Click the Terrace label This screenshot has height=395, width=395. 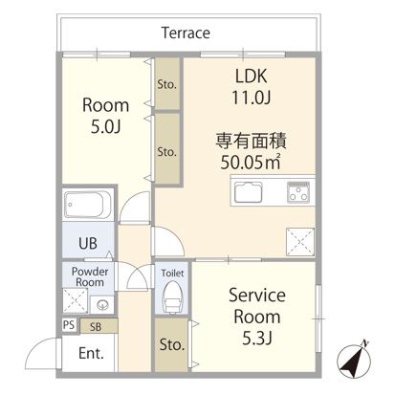[186, 33]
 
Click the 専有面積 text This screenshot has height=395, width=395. [251, 140]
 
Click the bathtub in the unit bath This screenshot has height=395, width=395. [89, 206]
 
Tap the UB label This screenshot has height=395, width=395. [87, 243]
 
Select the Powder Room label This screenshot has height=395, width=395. [88, 277]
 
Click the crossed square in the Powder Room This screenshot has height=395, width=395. [73, 304]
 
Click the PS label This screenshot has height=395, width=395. [67, 326]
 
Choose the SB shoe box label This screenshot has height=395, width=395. [96, 326]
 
